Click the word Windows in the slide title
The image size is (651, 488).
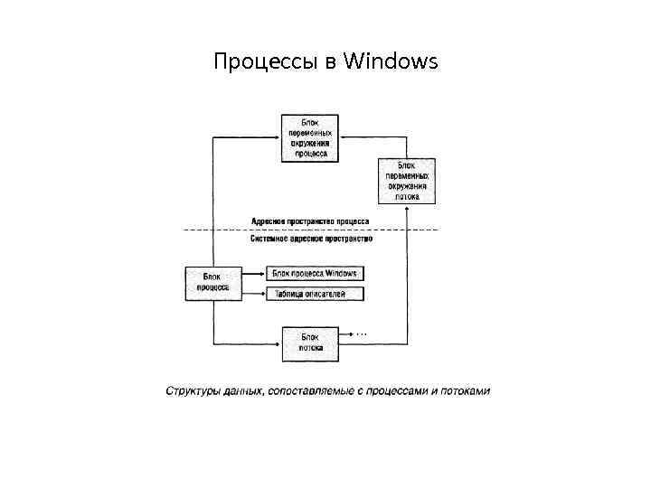click(x=392, y=62)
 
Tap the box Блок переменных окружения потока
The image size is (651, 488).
click(x=406, y=181)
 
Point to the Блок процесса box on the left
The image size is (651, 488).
click(x=212, y=282)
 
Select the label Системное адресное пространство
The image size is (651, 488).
click(x=310, y=239)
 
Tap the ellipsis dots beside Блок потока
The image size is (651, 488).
click(x=362, y=334)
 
